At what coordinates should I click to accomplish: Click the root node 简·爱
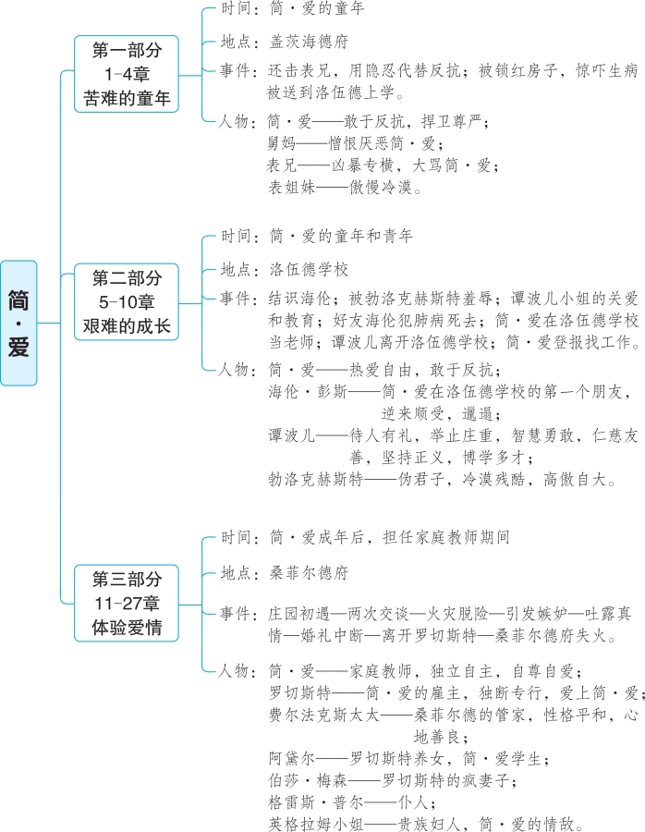[x=18, y=323]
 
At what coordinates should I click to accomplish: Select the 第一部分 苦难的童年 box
[x=127, y=75]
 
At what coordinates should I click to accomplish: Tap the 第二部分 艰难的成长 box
[x=127, y=302]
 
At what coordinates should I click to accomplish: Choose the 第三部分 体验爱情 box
[x=127, y=606]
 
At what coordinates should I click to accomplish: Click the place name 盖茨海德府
[x=309, y=42]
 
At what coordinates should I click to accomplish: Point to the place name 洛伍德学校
[x=309, y=270]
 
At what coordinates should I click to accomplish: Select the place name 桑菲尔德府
[x=309, y=573]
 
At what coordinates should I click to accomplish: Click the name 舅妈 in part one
[x=283, y=143]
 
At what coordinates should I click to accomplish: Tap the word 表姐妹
[x=290, y=187]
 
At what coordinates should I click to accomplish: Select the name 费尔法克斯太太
[x=321, y=716]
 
